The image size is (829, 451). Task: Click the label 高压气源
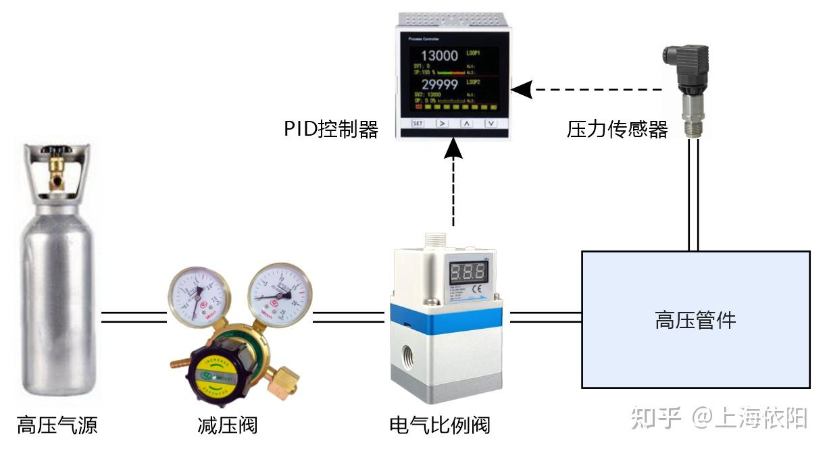tap(57, 425)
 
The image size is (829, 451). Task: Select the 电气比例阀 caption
tap(439, 425)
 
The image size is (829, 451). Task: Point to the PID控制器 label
tap(330, 129)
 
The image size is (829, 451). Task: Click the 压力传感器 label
tap(617, 129)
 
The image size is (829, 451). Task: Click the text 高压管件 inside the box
tap(695, 320)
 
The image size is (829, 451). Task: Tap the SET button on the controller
tap(418, 124)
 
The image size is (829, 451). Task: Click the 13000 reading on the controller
tap(439, 56)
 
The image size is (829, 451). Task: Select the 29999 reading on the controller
tap(439, 84)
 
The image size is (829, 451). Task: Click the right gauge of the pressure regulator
tap(279, 292)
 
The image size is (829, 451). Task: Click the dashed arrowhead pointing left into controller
tap(518, 88)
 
